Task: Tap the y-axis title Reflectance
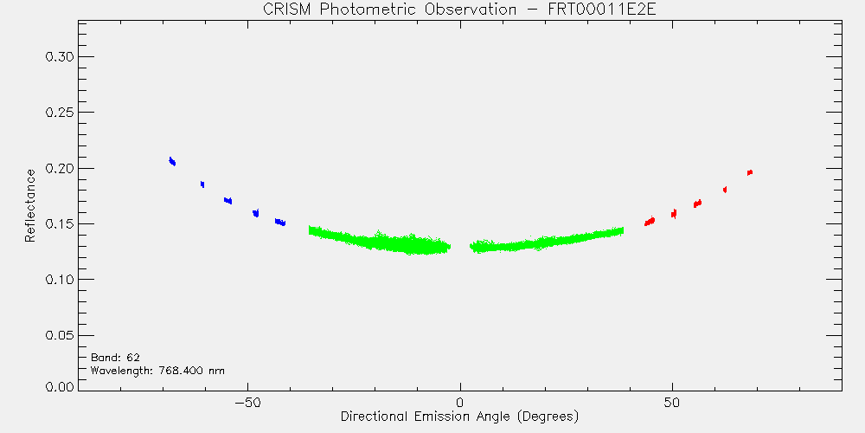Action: (29, 205)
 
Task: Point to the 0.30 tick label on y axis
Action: (60, 57)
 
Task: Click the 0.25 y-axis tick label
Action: (60, 113)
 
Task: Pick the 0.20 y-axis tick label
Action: (60, 169)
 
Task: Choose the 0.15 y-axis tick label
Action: (60, 224)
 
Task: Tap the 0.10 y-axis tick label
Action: (60, 280)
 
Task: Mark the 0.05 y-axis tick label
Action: (60, 336)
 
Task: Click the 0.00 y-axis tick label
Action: (60, 386)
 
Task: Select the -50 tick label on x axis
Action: (247, 402)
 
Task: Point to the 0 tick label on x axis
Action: (460, 402)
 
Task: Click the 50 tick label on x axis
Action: (672, 402)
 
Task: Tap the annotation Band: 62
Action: (115, 358)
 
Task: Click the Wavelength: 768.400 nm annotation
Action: (157, 371)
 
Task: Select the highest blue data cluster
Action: (172, 161)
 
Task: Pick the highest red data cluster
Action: (750, 173)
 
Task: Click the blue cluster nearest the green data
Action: (280, 222)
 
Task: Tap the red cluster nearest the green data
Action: (650, 221)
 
